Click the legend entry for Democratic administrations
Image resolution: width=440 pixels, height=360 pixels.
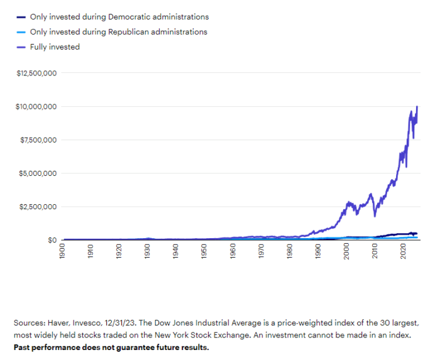click(119, 17)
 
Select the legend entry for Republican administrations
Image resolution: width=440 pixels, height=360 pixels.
click(118, 31)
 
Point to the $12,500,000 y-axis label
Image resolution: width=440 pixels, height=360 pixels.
click(37, 74)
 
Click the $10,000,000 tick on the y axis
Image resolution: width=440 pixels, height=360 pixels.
click(37, 107)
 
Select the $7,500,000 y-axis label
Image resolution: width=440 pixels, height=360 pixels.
click(39, 140)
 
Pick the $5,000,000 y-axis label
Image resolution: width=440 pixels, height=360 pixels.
click(39, 173)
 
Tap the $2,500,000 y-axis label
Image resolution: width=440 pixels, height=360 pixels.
click(39, 207)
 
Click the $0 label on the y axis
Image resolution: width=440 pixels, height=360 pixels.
click(52, 240)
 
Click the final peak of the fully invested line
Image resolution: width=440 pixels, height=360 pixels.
click(417, 107)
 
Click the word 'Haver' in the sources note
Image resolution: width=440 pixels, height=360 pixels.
click(58, 322)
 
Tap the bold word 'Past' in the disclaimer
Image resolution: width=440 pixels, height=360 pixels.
click(23, 347)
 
